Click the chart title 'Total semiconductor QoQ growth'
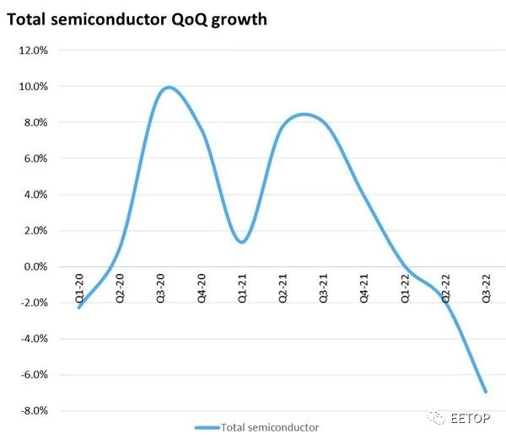pos(137,20)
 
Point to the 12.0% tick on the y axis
pos(33,51)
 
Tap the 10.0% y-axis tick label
pos(33,87)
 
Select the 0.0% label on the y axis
pos(35,266)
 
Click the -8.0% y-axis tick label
pos(35,410)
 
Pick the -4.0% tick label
pos(35,339)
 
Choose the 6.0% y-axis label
pos(35,158)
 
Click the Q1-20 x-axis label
pos(79,288)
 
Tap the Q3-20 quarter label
pos(161,288)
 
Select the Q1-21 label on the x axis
pos(242,288)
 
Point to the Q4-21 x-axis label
pos(364,288)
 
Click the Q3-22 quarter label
pos(487,288)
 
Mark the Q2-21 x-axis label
pos(283,288)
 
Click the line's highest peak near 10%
pos(169,88)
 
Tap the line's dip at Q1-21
pos(242,242)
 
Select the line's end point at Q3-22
pos(486,392)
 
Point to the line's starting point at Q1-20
pos(79,308)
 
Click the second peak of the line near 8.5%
pos(304,115)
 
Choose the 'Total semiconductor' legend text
pos(270,427)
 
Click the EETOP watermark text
pos(471,418)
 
